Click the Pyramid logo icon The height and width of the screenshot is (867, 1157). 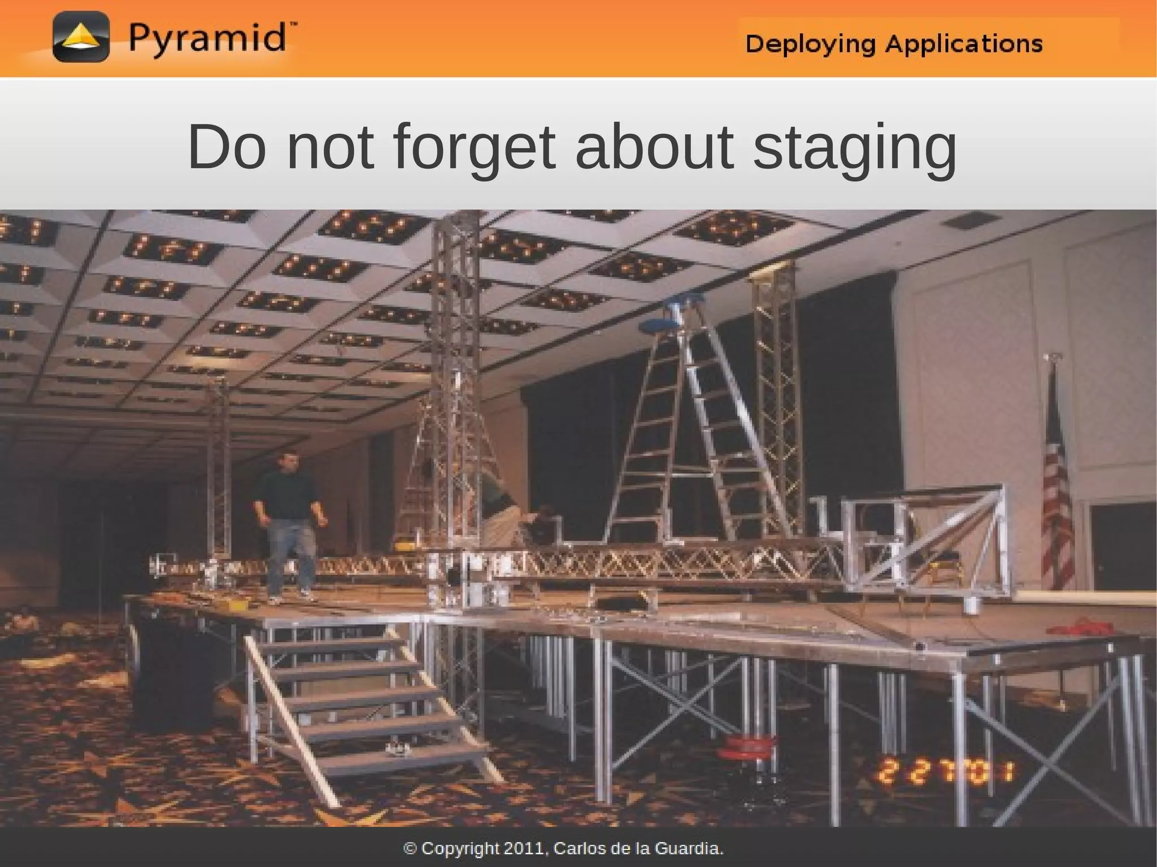pyautogui.click(x=81, y=37)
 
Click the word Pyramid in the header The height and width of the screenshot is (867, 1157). pyautogui.click(x=207, y=39)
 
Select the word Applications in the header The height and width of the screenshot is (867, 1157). pyautogui.click(x=963, y=44)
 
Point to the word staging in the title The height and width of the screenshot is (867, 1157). pyautogui.click(x=854, y=148)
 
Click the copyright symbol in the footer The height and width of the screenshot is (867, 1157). pyautogui.click(x=411, y=848)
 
